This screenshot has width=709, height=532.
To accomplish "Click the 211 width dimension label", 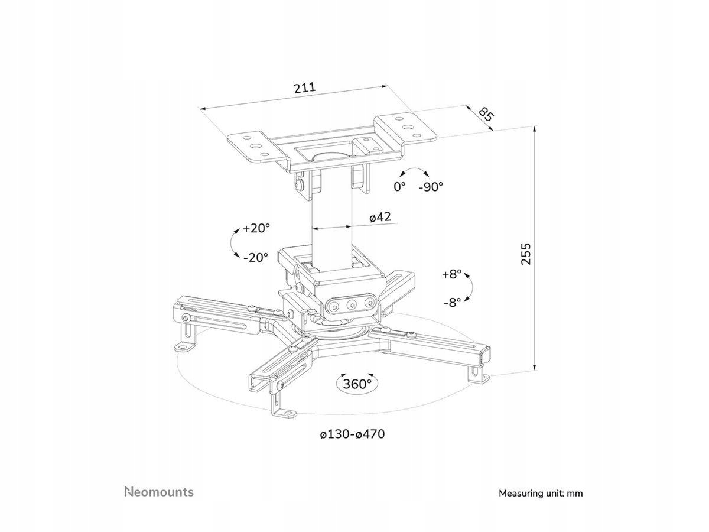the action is point(304,88).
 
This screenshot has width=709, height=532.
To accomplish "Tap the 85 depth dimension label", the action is point(486,114).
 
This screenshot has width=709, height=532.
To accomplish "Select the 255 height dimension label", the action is point(525,253).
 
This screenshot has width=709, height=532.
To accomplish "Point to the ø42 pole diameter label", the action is point(380,217).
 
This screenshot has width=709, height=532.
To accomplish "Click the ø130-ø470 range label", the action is point(352,434).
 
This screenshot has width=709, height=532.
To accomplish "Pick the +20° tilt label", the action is point(256,228).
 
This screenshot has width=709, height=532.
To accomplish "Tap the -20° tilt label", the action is point(256,257).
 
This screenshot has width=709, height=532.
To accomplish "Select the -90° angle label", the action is point(431,187).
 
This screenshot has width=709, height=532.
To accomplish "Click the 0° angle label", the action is point(400,187).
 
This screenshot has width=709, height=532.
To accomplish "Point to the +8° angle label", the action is point(451,274).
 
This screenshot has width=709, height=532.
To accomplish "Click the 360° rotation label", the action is point(357,384).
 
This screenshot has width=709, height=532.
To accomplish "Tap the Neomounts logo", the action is point(158,475).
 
